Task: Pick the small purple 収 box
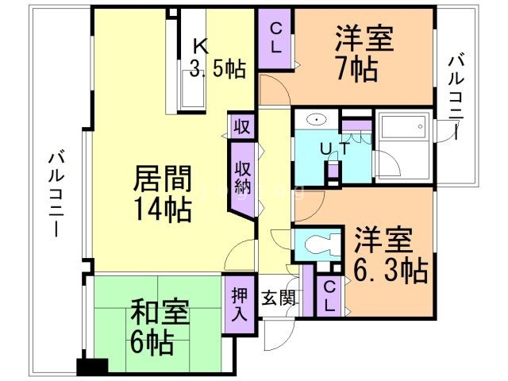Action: tap(242, 125)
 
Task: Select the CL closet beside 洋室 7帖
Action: tap(275, 37)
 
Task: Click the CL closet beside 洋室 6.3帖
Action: tap(328, 295)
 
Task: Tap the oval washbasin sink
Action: tap(316, 121)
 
